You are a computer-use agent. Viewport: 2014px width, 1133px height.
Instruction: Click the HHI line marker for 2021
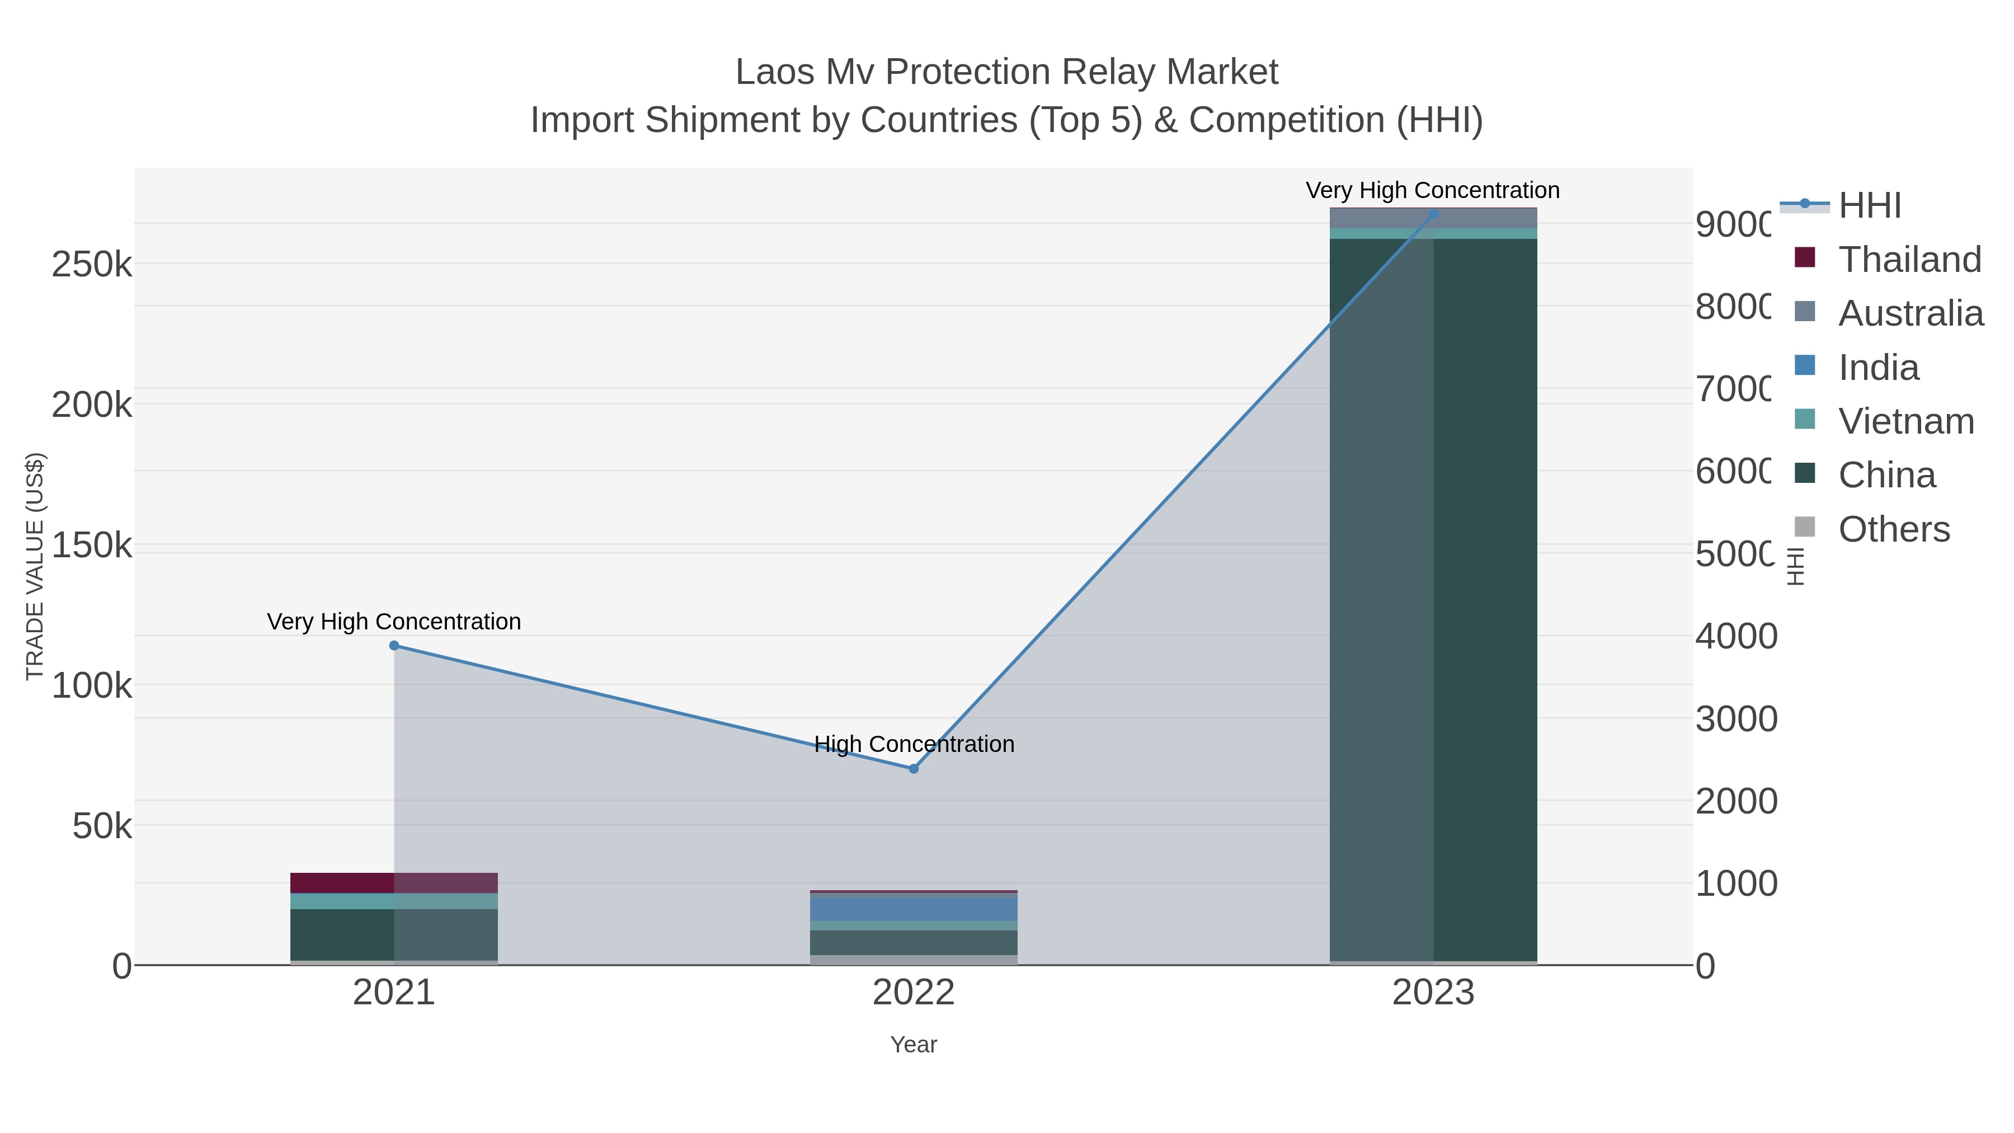tap(394, 645)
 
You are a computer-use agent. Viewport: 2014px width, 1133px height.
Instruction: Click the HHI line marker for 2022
tap(913, 769)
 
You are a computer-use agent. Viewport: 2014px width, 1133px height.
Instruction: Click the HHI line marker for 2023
tap(1433, 214)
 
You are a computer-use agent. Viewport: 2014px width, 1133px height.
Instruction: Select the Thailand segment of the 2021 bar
tap(342, 883)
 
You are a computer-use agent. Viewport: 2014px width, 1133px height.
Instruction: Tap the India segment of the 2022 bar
tap(913, 908)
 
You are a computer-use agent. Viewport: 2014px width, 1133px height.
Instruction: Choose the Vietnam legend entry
tap(1905, 421)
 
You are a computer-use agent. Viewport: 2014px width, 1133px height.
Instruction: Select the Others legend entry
tap(1894, 529)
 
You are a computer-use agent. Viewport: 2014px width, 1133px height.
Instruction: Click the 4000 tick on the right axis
tap(1735, 636)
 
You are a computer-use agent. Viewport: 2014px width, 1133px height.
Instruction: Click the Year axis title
tap(913, 1045)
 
